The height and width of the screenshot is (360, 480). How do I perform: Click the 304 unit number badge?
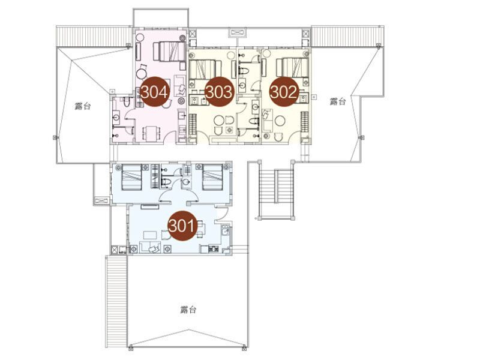[x=154, y=92]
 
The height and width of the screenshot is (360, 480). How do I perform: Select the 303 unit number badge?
[x=218, y=92]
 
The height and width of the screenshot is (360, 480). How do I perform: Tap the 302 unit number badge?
[x=283, y=92]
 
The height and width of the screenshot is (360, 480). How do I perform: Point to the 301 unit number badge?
[x=182, y=226]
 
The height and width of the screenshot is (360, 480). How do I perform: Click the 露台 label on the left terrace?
[x=83, y=106]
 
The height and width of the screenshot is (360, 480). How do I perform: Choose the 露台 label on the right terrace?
[x=338, y=101]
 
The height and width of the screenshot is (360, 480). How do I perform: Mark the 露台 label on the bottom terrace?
[x=188, y=310]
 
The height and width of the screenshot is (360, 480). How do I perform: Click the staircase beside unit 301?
[x=277, y=190]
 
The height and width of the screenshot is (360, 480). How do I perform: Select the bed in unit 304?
[x=169, y=52]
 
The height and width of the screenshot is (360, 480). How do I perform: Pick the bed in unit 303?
[x=205, y=70]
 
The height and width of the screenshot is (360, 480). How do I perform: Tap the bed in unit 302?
[x=292, y=67]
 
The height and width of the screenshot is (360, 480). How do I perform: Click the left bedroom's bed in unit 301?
[x=131, y=177]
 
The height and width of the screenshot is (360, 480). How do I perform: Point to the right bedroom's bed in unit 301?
[x=212, y=177]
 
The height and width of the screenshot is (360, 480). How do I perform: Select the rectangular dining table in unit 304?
[x=151, y=133]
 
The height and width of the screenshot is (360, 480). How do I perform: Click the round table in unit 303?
[x=219, y=120]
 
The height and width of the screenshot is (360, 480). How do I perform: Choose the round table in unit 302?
[x=280, y=121]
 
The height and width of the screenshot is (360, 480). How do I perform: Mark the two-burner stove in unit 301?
[x=214, y=248]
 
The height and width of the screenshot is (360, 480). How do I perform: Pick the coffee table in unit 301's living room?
[x=150, y=235]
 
